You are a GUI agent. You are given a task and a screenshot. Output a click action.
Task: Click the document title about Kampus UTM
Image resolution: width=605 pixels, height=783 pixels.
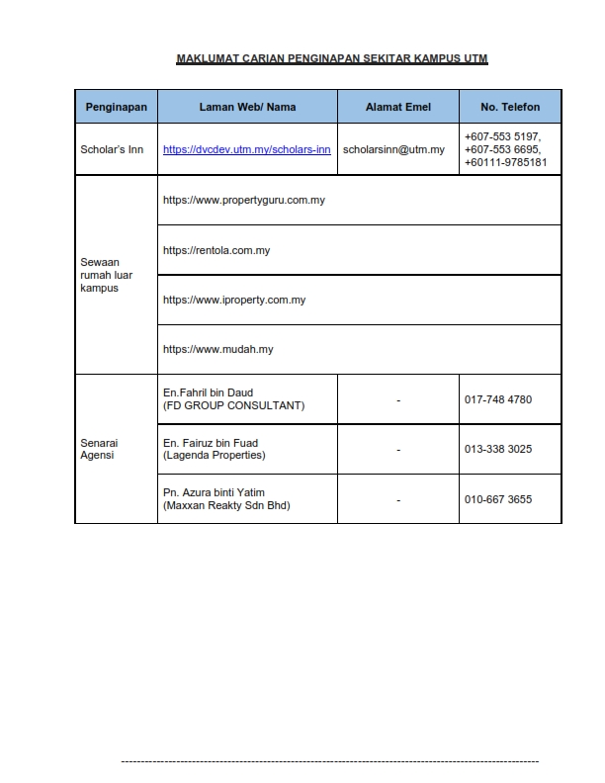332,59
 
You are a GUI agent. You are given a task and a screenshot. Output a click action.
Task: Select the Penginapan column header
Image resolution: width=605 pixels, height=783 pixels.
116,107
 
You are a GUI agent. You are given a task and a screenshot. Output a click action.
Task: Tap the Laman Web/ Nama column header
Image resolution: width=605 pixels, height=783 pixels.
247,107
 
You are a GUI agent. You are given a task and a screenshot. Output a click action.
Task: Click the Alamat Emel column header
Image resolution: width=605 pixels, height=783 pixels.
398,107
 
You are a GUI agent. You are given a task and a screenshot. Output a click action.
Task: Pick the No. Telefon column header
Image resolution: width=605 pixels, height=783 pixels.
510,107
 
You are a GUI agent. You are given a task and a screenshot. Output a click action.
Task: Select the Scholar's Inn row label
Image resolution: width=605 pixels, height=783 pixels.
112,150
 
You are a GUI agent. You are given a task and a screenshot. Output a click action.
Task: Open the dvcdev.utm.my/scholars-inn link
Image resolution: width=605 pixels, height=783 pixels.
246,150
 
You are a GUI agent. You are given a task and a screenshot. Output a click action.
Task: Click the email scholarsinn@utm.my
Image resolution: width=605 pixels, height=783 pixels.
393,150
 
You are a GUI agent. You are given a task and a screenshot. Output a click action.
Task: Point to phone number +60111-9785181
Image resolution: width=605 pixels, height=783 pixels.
505,162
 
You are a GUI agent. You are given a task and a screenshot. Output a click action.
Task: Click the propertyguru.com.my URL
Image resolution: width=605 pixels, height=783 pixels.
244,200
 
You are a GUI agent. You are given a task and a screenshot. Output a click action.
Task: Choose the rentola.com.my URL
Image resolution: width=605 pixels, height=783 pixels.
216,250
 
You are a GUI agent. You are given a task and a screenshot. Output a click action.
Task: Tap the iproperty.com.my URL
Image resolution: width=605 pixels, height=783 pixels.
234,300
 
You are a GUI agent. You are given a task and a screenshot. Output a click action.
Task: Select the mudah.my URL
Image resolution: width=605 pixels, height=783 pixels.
218,349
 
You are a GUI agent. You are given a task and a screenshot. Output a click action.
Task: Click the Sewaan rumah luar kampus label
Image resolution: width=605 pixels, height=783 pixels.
102,275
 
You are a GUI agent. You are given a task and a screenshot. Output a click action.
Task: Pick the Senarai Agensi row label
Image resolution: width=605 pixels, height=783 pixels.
99,449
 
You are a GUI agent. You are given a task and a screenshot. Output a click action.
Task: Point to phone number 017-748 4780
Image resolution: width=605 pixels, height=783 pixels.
498,399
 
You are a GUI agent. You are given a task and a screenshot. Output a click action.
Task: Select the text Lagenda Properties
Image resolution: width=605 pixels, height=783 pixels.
215,456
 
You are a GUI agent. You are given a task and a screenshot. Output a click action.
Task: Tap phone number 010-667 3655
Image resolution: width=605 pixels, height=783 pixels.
498,499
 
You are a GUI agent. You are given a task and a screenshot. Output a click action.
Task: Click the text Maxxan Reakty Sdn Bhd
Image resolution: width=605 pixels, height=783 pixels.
226,506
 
